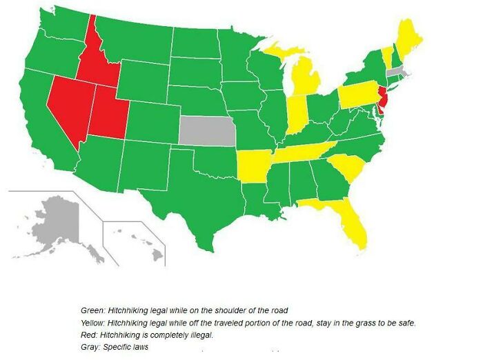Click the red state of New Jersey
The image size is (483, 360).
(382, 104)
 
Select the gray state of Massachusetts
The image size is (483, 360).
(397, 71)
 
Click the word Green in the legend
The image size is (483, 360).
(91, 310)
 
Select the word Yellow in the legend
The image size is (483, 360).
(92, 323)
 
